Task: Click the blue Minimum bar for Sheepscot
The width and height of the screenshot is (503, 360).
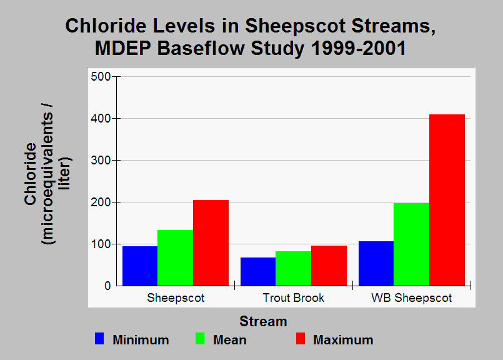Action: tap(140, 266)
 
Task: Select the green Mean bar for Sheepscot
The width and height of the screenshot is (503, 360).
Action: tap(175, 258)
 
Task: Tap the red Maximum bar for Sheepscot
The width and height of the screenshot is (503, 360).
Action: tap(211, 243)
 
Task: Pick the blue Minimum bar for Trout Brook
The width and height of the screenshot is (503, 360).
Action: tap(258, 271)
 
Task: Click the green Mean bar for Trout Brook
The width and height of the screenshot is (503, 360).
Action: tap(293, 269)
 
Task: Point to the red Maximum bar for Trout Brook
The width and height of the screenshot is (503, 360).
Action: tap(329, 266)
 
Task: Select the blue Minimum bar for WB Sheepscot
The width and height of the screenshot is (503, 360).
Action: tap(376, 263)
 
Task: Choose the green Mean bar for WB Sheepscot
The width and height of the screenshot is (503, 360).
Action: tap(411, 244)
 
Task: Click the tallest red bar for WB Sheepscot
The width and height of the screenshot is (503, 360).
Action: tap(447, 200)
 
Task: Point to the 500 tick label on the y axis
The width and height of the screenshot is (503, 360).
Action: tap(101, 77)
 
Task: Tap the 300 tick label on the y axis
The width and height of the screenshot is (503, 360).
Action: tap(101, 160)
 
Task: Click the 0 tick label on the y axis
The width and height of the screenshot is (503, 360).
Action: tap(107, 286)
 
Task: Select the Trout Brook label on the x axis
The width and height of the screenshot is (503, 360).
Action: tap(293, 297)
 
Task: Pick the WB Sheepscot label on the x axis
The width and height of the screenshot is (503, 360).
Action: tap(412, 298)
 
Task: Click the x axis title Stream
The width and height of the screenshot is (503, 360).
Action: tap(263, 321)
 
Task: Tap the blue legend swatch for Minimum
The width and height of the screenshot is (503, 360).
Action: tap(99, 339)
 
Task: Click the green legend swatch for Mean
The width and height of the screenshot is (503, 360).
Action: tap(200, 339)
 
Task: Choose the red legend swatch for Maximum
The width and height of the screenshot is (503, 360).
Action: tap(301, 339)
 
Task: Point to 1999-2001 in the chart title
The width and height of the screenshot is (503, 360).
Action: tap(358, 49)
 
